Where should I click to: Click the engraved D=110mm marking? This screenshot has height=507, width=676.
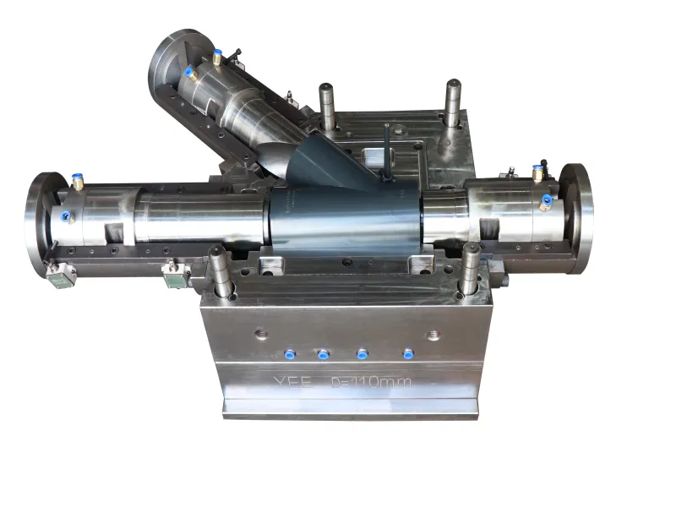[371, 383]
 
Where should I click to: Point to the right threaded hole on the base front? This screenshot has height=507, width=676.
[433, 335]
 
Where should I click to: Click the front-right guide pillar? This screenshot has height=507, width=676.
[470, 269]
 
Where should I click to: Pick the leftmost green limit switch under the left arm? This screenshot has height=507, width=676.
[62, 276]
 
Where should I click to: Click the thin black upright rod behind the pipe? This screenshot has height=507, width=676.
[385, 152]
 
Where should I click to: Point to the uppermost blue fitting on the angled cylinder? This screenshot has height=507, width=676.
[217, 57]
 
